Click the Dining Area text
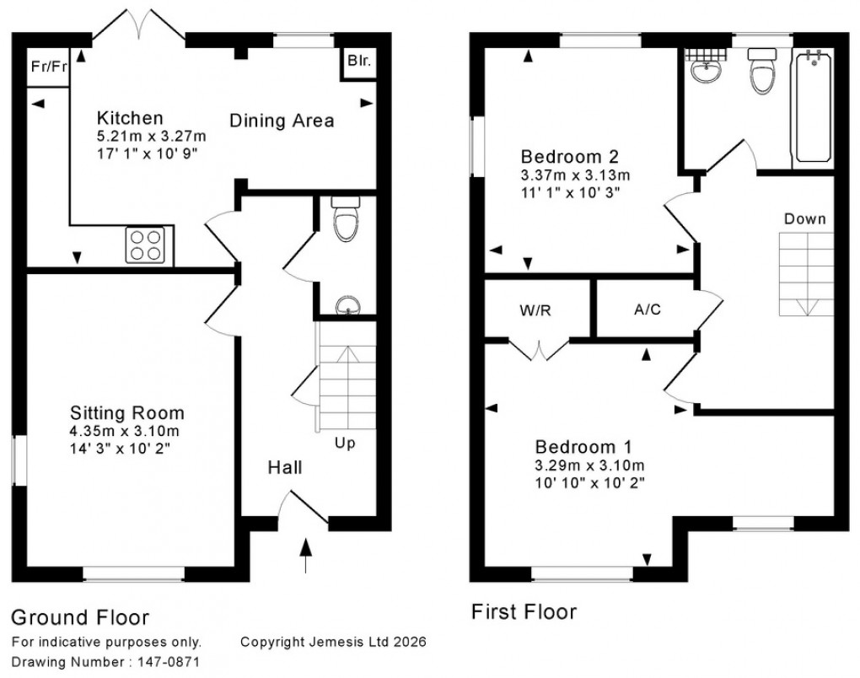pos(282,121)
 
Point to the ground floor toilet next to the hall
pos(346,218)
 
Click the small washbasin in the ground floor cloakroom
pos(346,305)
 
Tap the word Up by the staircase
pos(345,443)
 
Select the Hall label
pos(285,467)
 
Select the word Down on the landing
pos(804,218)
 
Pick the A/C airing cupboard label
pos(648,309)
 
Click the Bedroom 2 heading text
pos(570,156)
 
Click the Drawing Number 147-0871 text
pos(107,663)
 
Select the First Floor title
pos(524,611)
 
